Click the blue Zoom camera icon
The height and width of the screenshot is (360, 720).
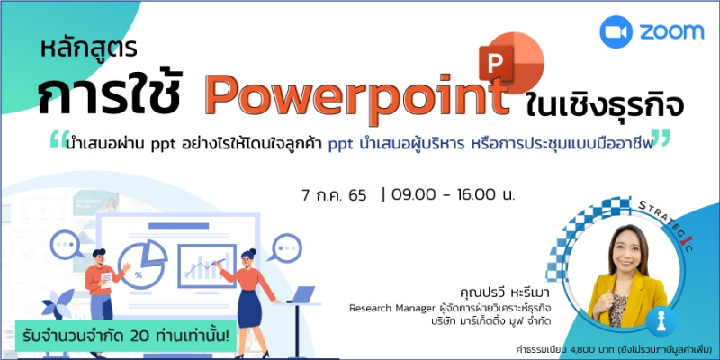[x=616, y=31]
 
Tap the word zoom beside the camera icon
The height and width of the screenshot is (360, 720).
[x=672, y=31]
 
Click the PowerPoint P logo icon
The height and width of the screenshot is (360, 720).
[x=511, y=62]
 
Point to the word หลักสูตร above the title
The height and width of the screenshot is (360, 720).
[x=88, y=49]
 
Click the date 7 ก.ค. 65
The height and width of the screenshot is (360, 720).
[x=334, y=195]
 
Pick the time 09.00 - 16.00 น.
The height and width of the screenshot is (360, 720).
[x=454, y=195]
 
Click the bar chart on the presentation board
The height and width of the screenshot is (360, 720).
[x=207, y=266]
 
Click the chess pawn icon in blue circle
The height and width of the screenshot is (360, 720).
[x=661, y=321]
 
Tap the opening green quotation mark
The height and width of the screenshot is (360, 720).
[x=59, y=140]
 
